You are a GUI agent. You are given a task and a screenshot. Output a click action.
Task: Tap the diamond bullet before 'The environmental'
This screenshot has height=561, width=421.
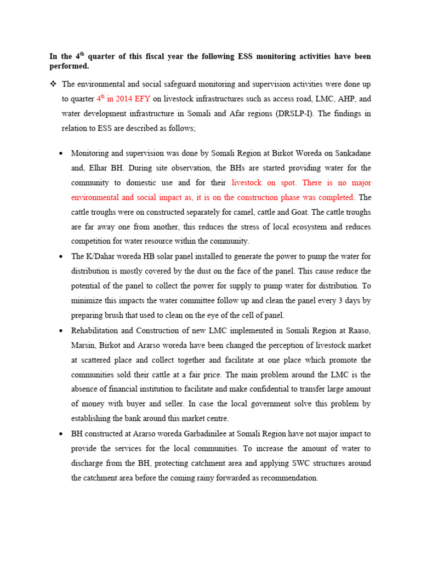[x=54, y=84]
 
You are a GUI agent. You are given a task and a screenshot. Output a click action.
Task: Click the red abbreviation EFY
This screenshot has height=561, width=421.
[x=141, y=99]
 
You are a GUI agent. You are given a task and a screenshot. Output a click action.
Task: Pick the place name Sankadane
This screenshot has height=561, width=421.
[x=351, y=153]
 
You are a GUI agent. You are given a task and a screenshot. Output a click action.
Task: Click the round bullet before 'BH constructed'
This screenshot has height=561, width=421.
[x=62, y=433]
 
